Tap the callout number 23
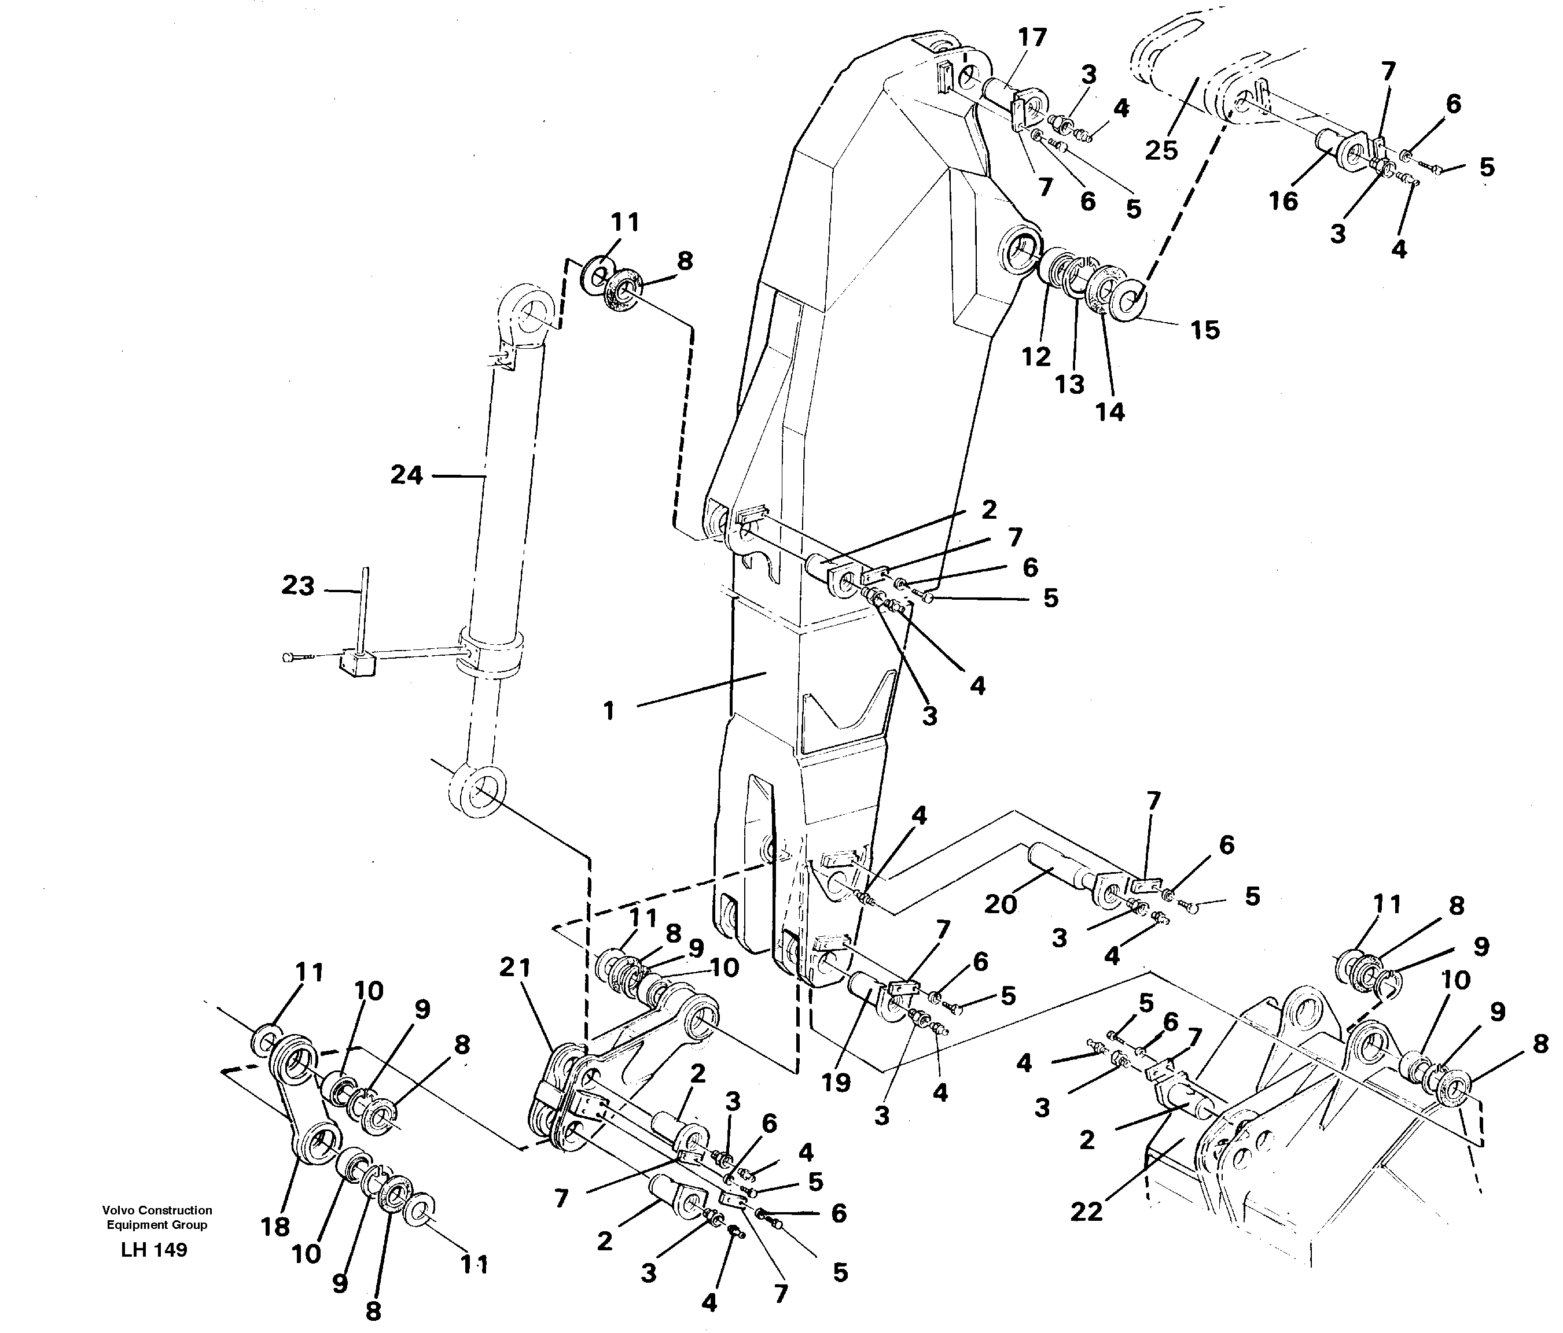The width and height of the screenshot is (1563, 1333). pos(298,586)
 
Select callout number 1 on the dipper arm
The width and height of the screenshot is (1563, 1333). pos(609,710)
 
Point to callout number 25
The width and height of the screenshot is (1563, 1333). pos(1161,150)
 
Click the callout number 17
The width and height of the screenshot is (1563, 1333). pos(1032,37)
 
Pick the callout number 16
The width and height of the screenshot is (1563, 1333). pos(1283,201)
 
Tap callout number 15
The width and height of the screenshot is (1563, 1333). pos(1205,330)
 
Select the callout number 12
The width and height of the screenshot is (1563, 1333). pos(1036,357)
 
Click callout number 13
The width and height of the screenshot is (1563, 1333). pos(1069,385)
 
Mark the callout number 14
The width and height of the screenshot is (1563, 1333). pos(1110,412)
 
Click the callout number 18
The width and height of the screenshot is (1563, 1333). pos(274,1227)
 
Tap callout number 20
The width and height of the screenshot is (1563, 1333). pos(1001,903)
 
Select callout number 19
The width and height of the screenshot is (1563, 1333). pos(836,1083)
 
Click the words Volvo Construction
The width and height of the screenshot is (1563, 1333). pos(157,1210)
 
